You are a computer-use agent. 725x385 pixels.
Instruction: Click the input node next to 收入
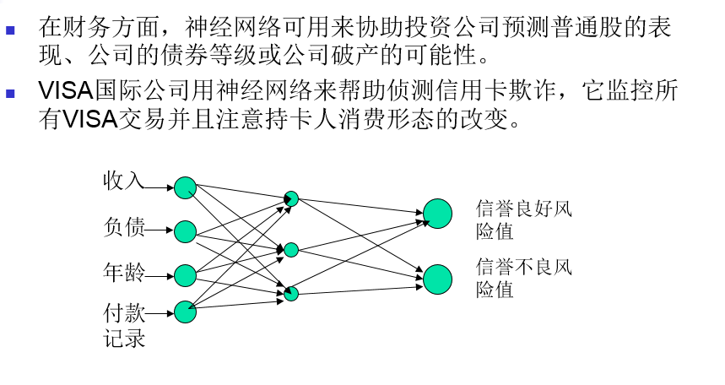pos(185,187)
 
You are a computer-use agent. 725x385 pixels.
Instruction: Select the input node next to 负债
pos(185,231)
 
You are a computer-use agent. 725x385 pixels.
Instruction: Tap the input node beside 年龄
pos(185,275)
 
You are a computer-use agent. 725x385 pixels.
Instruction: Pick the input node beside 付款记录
pos(185,312)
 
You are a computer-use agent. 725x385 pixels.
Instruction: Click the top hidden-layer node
pos(291,199)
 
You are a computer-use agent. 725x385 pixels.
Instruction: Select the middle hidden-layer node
pos(291,250)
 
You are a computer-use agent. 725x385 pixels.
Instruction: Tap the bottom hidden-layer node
pos(291,294)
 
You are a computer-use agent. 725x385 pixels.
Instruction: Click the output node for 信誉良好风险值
pos(437,214)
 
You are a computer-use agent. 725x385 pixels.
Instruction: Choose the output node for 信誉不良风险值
pos(437,279)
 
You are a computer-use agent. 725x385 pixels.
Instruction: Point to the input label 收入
pos(124,181)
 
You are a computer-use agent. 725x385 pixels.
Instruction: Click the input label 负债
pos(124,226)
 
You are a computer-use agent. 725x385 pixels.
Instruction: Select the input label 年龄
pos(124,272)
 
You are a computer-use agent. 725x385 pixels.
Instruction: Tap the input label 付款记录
pos(124,326)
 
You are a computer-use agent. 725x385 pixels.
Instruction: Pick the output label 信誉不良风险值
pos(523,279)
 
